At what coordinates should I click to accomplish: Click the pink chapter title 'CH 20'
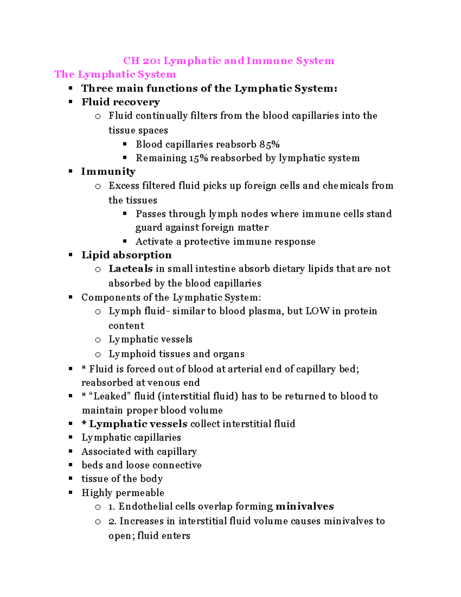coord(141,61)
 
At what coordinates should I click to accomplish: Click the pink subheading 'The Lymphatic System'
coord(115,74)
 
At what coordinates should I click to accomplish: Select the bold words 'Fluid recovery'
coord(121,102)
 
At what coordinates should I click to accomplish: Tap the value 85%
coord(269,145)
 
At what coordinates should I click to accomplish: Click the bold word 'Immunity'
coord(108,171)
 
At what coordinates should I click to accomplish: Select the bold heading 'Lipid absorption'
coord(126,255)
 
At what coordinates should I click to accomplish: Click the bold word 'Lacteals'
coord(131,269)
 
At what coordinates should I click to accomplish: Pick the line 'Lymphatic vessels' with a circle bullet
coord(150,339)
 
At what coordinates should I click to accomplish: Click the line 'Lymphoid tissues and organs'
coord(176,354)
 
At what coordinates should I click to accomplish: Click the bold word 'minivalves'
coord(305,506)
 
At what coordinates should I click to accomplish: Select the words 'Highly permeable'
coord(123,493)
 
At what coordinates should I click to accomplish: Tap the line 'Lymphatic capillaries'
coord(131,437)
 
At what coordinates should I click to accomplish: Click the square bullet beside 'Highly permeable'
coord(71,492)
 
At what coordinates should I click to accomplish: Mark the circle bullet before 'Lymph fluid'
coord(98,312)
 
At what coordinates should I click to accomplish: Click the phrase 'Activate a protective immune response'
coord(225,241)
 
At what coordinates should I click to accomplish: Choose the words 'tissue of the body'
coord(122,479)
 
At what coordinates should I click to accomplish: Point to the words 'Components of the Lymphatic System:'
coord(171,298)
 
